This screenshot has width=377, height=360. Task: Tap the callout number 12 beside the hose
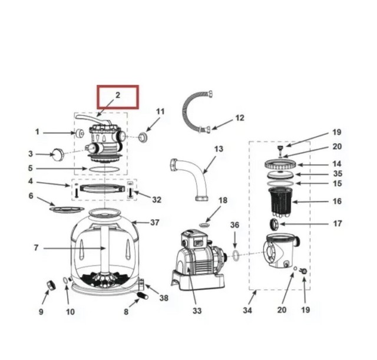pyautogui.click(x=239, y=118)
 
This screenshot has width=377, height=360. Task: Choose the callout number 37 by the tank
pyautogui.click(x=154, y=223)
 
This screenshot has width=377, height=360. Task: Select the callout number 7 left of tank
pyautogui.click(x=36, y=248)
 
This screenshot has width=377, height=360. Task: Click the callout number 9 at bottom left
pyautogui.click(x=41, y=311)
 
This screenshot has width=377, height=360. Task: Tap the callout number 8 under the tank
pyautogui.click(x=125, y=312)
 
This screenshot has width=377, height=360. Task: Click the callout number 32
pyautogui.click(x=156, y=200)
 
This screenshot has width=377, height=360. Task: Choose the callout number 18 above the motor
pyautogui.click(x=222, y=201)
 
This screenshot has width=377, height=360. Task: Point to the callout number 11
pyautogui.click(x=160, y=111)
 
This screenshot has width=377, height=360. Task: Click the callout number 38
pyautogui.click(x=163, y=298)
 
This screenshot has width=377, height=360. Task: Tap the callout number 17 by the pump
pyautogui.click(x=337, y=224)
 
